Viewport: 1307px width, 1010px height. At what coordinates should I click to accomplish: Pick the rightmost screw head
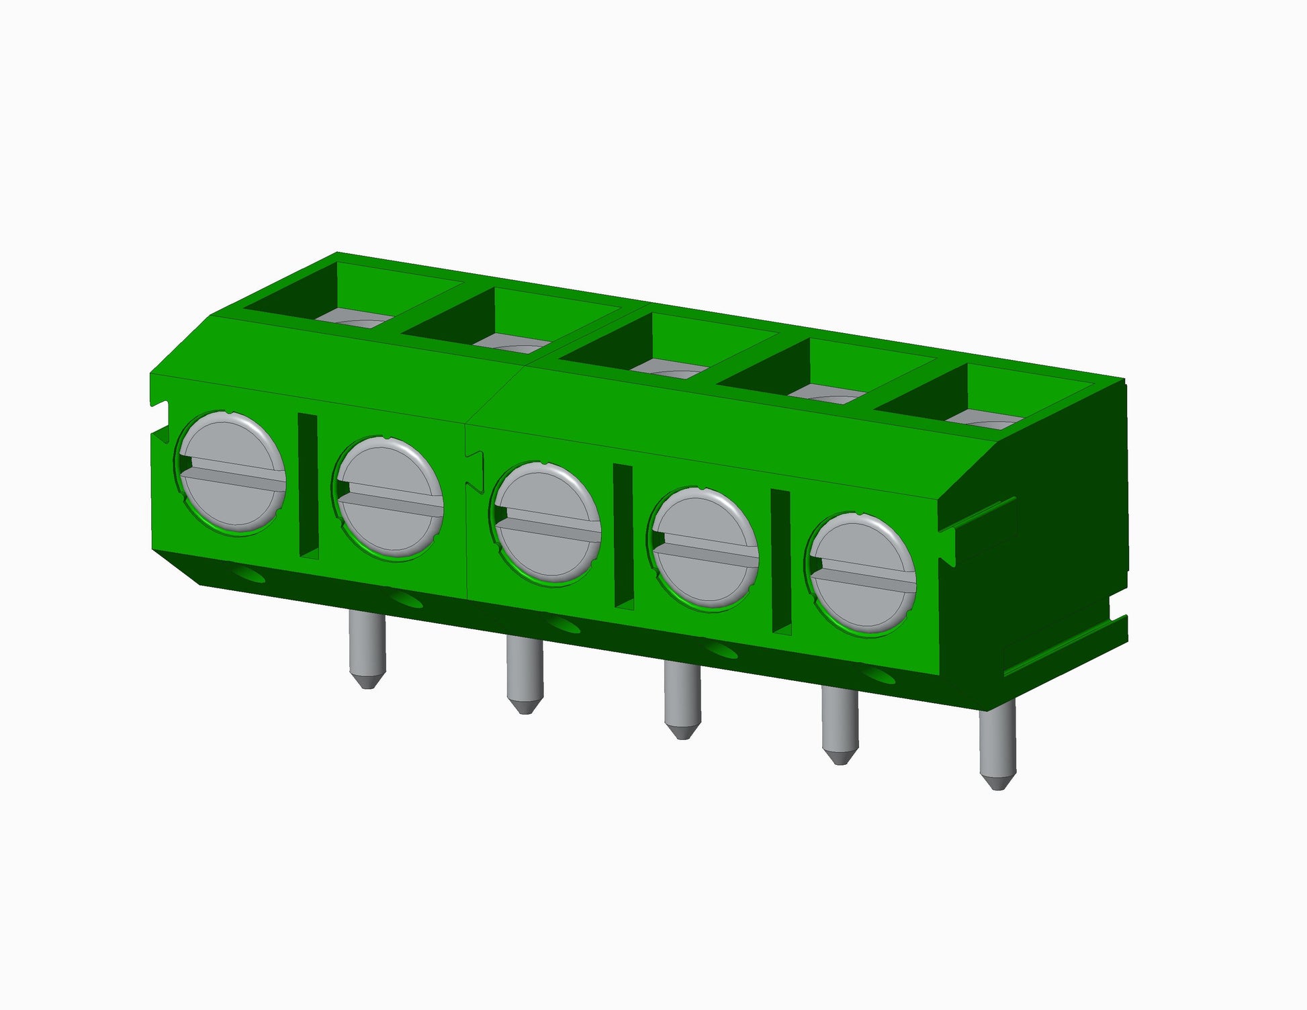[862, 574]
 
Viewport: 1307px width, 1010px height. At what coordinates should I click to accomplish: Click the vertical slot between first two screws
[308, 486]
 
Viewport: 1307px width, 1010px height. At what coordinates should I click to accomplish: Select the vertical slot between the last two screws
[780, 561]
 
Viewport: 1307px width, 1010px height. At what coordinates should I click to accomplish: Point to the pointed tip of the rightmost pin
[998, 784]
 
